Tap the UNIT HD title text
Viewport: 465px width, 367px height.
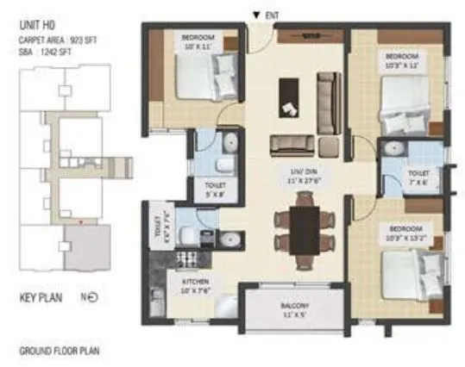[x=38, y=27]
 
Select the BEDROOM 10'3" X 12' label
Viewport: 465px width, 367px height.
[x=401, y=61]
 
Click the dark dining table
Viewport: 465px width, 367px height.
[x=303, y=231]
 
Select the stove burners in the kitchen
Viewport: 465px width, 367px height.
[x=188, y=258]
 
